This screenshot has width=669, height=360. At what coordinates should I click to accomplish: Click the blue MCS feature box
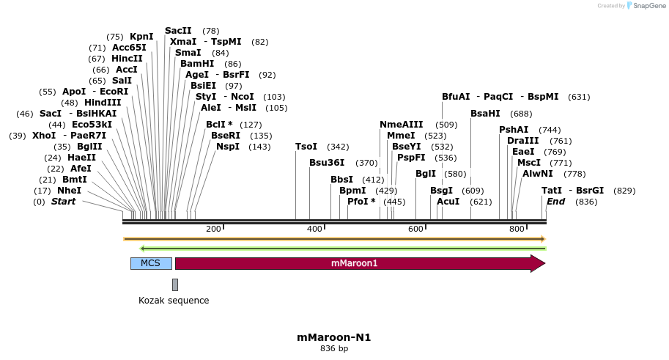tap(151, 263)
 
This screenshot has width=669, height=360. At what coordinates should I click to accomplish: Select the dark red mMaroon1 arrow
tap(359, 263)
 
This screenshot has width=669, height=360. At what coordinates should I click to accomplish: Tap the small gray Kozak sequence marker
tap(175, 284)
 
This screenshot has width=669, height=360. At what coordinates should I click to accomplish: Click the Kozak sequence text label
tap(174, 301)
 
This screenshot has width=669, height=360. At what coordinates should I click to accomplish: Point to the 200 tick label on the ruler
tap(213, 229)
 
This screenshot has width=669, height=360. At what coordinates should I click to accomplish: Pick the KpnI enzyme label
tap(141, 37)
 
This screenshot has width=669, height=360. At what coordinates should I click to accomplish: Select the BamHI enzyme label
tap(197, 64)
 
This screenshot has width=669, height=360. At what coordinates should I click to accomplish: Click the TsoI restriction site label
tap(306, 147)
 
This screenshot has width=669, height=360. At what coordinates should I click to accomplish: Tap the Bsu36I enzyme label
tap(327, 163)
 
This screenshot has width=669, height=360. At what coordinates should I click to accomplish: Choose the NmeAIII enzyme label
tap(402, 125)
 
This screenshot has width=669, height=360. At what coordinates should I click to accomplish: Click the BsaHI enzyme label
tap(485, 114)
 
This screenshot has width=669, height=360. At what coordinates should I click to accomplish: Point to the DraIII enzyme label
tap(523, 141)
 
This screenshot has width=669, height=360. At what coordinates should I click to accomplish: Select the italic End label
tap(555, 202)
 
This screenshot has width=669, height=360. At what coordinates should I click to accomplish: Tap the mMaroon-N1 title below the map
tap(334, 338)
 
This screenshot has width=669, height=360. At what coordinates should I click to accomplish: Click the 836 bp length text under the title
tap(334, 349)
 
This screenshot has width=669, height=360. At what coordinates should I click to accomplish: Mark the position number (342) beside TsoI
tap(338, 147)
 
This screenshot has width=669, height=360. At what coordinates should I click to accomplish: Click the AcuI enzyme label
tap(448, 202)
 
